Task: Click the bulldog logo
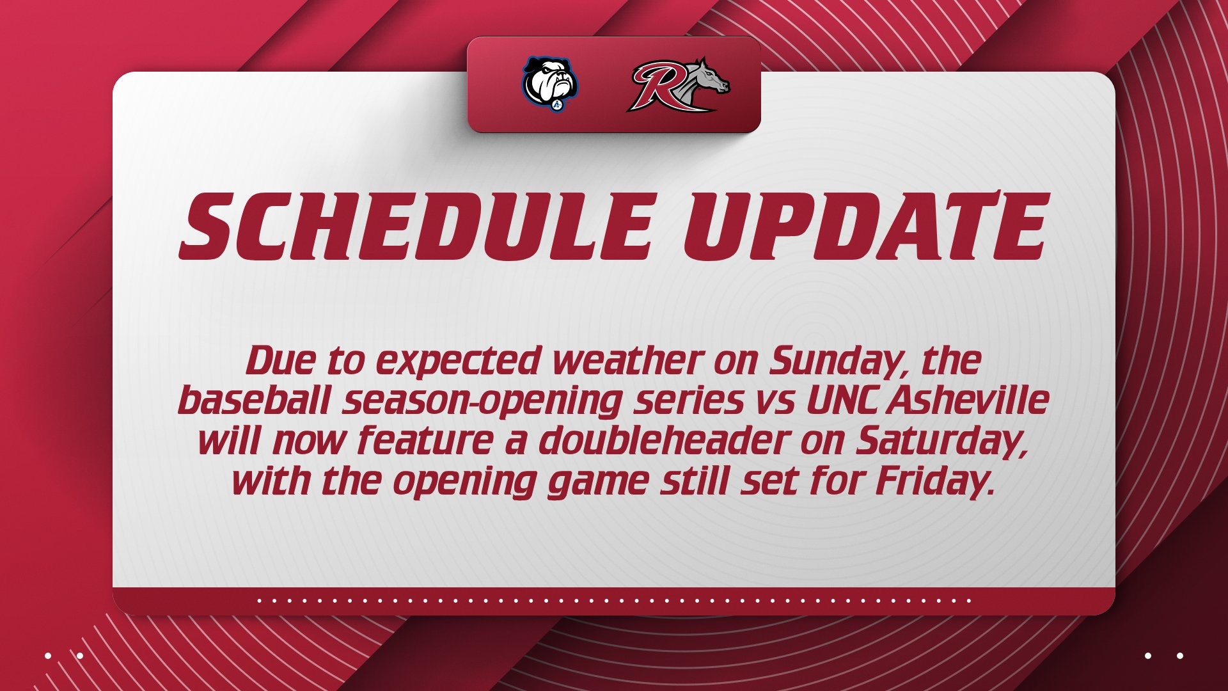550,84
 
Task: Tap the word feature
425,441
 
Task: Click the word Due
279,361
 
